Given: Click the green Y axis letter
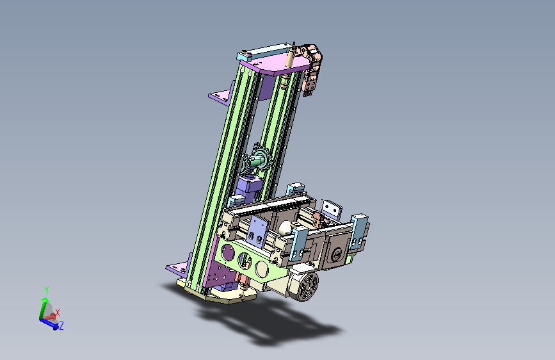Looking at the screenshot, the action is click(x=46, y=290).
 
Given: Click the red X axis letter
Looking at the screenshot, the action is click(x=58, y=313).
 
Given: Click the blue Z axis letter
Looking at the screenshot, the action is click(x=61, y=325).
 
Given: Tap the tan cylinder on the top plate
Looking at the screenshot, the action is click(x=290, y=58).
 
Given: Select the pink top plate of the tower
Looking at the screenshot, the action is click(x=275, y=66).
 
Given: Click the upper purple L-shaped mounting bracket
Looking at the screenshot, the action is click(x=222, y=94).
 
